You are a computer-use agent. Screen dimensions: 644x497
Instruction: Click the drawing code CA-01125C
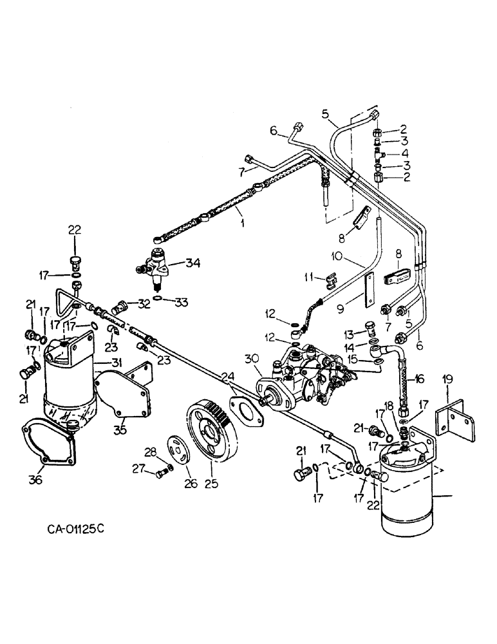(75, 530)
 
